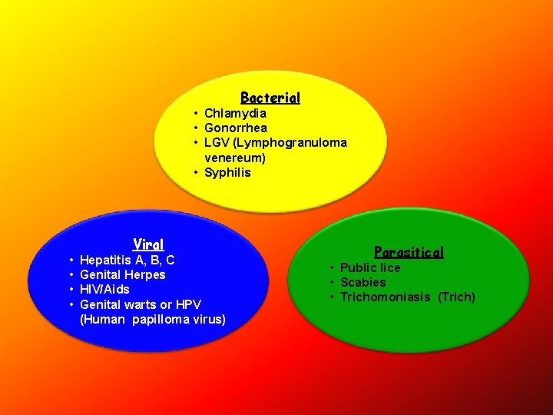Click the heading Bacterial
(270, 98)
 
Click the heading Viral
(148, 244)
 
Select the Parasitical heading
(409, 251)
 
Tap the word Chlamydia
(235, 114)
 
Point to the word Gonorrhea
(236, 128)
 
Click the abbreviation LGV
(217, 143)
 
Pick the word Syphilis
(227, 172)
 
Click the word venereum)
(235, 158)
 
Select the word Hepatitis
(105, 261)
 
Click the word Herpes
(146, 275)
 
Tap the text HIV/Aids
(104, 290)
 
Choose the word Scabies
(363, 282)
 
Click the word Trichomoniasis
(386, 297)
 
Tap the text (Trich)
(457, 297)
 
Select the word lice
(388, 267)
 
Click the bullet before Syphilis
(197, 172)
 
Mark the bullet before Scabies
(333, 282)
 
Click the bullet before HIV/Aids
(71, 290)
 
